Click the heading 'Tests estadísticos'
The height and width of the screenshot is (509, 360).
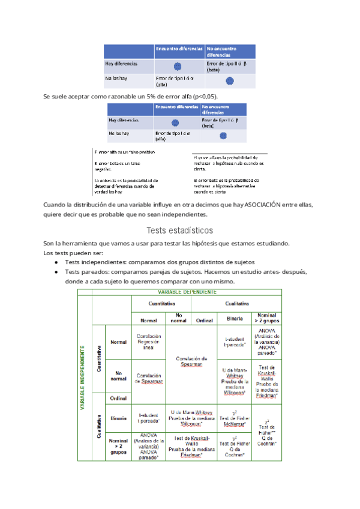point(180,230)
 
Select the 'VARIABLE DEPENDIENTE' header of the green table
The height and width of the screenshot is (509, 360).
point(187,292)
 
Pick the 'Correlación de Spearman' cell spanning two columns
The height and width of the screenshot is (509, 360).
point(191,361)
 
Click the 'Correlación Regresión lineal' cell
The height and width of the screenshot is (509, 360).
point(148,342)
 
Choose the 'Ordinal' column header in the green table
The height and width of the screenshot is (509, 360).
point(205,320)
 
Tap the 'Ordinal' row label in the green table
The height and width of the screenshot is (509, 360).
point(118,399)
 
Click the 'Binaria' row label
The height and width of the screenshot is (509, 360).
point(118,418)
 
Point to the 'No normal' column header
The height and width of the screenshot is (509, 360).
point(178,318)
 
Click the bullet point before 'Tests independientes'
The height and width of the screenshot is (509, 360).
point(56,262)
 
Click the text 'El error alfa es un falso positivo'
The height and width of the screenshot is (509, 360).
point(124,152)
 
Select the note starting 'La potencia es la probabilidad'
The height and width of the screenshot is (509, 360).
point(125,185)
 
